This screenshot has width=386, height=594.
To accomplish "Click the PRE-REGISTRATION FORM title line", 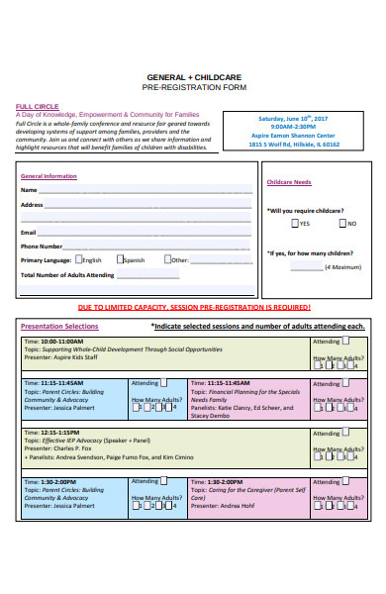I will pyautogui.click(x=195, y=87).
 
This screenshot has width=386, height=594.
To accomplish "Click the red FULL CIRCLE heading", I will pyautogui.click(x=35, y=106).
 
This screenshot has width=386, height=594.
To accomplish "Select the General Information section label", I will pyautogui.click(x=48, y=175).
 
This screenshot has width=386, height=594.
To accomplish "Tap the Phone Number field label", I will pyautogui.click(x=43, y=246).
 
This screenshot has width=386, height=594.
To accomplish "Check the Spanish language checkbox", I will pyautogui.click(x=120, y=259).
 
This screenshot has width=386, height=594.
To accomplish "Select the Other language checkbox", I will pyautogui.click(x=167, y=259).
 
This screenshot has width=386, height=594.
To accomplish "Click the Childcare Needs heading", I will pyautogui.click(x=289, y=182).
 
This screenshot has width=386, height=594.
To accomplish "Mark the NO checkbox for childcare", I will pyautogui.click(x=339, y=223).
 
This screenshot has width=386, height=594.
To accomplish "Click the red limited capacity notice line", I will pyautogui.click(x=194, y=308).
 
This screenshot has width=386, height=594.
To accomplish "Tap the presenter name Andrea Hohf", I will pyautogui.click(x=238, y=506).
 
